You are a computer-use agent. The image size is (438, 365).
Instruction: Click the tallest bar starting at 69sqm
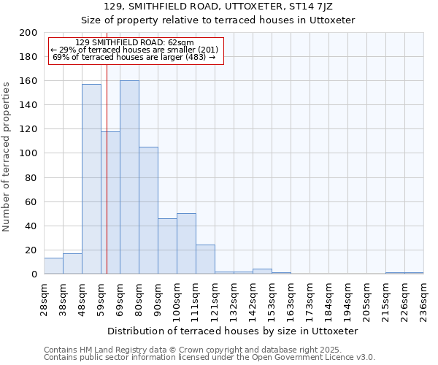[129, 177]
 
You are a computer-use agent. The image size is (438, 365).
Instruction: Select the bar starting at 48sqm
[91, 179]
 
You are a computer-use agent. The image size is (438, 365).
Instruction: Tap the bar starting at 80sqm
[148, 210]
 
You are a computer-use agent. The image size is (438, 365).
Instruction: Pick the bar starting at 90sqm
[167, 246]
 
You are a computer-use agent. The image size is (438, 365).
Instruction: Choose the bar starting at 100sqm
[186, 244]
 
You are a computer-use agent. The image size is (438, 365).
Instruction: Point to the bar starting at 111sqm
[205, 259]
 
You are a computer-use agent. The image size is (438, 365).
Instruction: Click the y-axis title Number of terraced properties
[7, 156]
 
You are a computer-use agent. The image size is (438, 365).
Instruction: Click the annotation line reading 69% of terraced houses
[134, 57]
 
